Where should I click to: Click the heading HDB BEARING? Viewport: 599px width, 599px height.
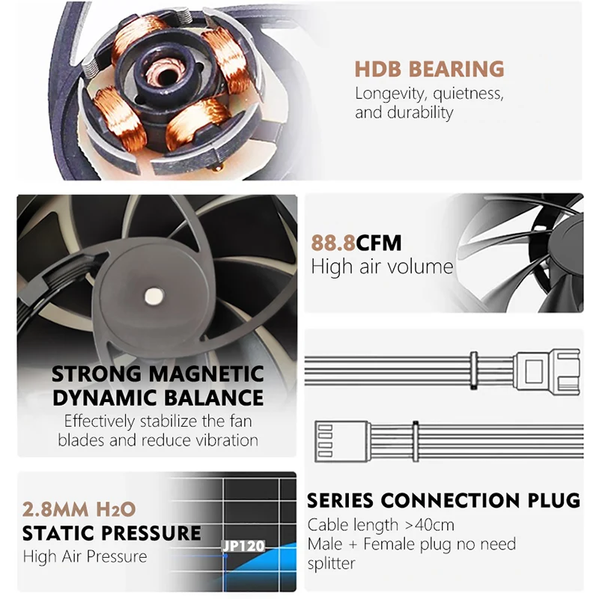click(429, 69)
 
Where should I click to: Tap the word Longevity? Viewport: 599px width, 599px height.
click(390, 94)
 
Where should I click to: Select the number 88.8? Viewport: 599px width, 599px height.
click(333, 243)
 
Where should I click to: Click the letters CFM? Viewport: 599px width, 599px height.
click(379, 243)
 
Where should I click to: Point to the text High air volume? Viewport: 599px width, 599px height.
click(382, 267)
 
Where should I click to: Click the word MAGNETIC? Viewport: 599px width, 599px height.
click(206, 374)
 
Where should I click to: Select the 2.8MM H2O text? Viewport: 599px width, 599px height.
click(79, 509)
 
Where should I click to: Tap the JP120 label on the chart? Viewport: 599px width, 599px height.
click(243, 546)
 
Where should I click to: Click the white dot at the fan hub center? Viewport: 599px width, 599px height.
click(154, 296)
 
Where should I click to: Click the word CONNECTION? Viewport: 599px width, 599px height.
click(451, 500)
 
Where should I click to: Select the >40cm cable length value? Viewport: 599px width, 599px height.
click(429, 526)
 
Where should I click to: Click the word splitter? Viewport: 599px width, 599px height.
click(331, 564)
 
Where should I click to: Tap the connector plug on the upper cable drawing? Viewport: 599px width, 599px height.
click(547, 371)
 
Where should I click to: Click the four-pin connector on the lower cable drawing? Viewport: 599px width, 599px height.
click(342, 441)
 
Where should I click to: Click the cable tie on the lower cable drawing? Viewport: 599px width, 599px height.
click(416, 441)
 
